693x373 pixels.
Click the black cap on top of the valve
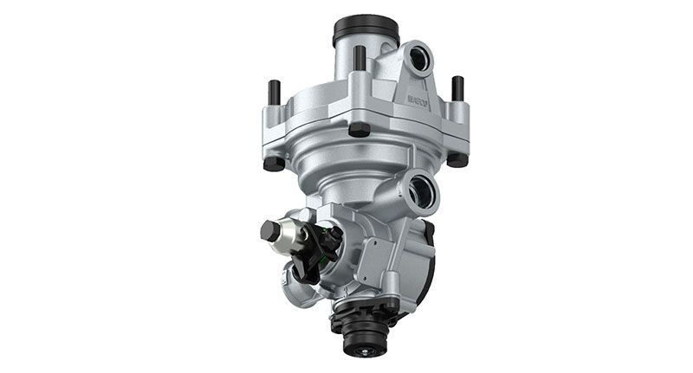[366, 29]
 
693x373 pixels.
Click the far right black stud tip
[457, 86]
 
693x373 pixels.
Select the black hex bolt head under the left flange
[274, 163]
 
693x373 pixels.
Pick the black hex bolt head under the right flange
[457, 159]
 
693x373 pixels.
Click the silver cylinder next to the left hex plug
[291, 236]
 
